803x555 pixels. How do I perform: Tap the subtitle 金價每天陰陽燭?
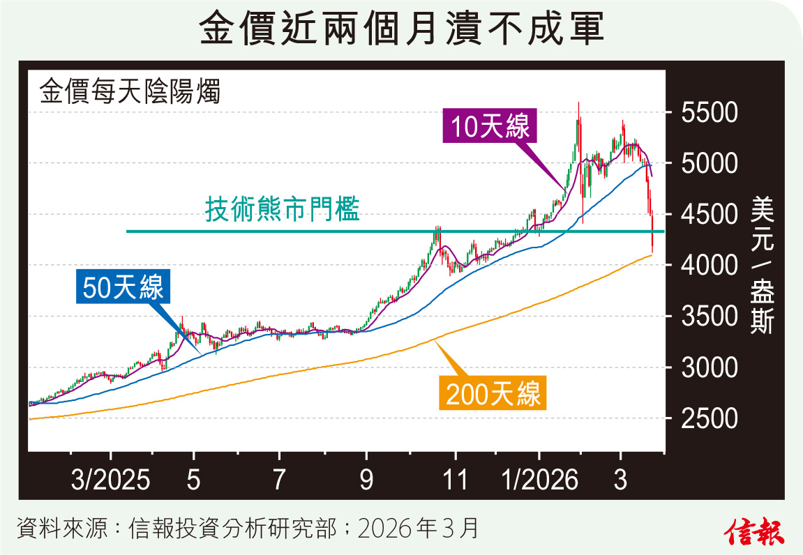(130, 91)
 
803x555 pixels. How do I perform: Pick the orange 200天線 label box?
(493, 395)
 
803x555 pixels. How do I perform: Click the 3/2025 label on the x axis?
(110, 481)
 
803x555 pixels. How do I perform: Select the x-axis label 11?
(454, 481)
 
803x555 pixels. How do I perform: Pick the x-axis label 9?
(366, 481)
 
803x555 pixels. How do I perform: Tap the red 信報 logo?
(755, 531)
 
